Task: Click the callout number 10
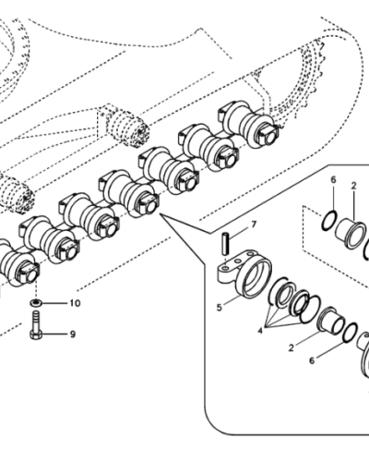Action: tap(75, 303)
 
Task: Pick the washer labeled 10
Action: tap(34, 303)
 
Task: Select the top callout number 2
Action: tap(353, 186)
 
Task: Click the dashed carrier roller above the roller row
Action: tap(120, 124)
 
